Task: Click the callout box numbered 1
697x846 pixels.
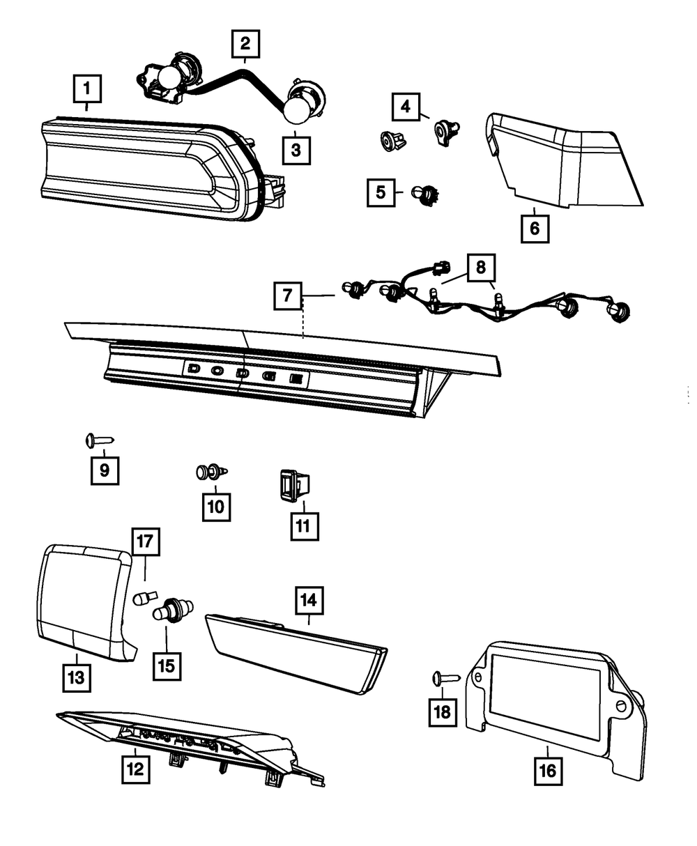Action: coord(86,89)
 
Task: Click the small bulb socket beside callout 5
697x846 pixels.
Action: coord(422,193)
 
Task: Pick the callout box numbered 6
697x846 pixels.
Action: coord(535,228)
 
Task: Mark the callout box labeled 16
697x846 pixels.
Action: coord(547,771)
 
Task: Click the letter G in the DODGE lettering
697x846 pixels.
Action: coord(269,376)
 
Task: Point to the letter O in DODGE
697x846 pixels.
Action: coord(218,371)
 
